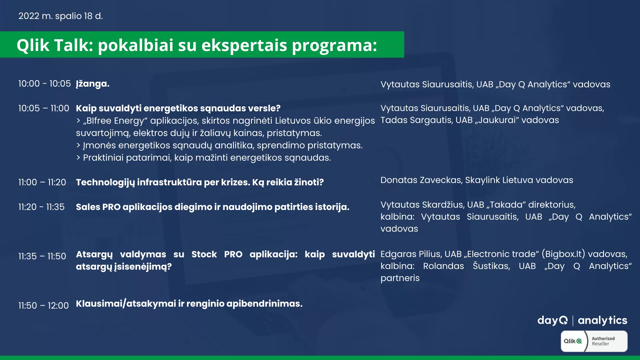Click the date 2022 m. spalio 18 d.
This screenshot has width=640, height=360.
tap(60, 16)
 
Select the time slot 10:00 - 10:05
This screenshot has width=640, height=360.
tap(44, 84)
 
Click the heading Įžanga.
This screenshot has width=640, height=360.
tap(93, 84)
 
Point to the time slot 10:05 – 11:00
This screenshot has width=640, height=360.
tap(44, 108)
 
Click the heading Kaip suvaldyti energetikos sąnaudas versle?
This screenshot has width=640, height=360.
tap(178, 109)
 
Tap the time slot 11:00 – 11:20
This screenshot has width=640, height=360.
tap(42, 182)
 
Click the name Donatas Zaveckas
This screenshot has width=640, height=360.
tap(421, 180)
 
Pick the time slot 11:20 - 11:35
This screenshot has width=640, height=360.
tap(41, 207)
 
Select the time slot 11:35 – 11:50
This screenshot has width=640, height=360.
tap(42, 256)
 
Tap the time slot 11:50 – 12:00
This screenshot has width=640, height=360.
tap(43, 306)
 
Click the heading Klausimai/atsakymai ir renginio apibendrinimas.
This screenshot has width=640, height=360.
tap(189, 304)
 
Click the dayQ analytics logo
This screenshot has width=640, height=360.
tap(582, 320)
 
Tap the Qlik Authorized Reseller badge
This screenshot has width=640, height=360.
tap(594, 341)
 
